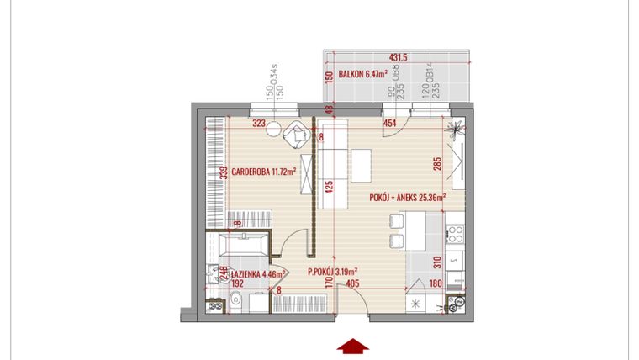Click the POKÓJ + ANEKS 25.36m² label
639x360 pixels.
tap(406, 199)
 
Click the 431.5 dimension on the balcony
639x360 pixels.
tap(398, 58)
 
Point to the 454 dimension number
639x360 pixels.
tap(389, 124)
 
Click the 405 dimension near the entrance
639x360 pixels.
tap(353, 284)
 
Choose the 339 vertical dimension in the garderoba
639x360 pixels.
tap(224, 174)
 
